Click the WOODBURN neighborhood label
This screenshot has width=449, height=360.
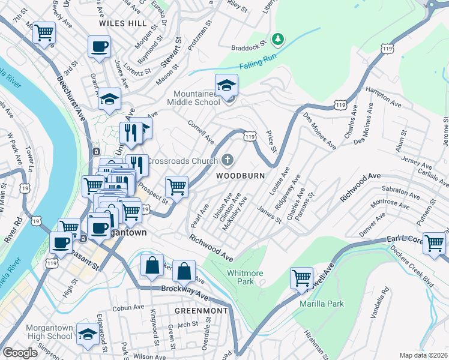click(x=244, y=176)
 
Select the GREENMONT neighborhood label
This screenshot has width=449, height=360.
click(x=201, y=311)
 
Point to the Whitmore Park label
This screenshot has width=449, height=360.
click(x=245, y=277)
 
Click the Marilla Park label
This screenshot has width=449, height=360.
click(x=322, y=304)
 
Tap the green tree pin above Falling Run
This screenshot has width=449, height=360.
click(x=277, y=40)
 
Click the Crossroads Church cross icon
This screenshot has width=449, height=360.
click(x=227, y=160)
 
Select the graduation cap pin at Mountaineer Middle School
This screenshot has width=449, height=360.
click(x=227, y=85)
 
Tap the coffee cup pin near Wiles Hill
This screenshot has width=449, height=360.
click(x=100, y=46)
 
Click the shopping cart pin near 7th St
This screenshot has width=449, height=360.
click(x=44, y=32)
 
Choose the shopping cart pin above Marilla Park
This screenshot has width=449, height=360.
click(x=301, y=277)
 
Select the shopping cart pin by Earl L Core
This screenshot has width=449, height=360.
click(x=434, y=243)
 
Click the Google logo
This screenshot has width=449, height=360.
click(x=20, y=353)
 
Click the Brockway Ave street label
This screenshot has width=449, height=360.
click(x=184, y=291)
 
